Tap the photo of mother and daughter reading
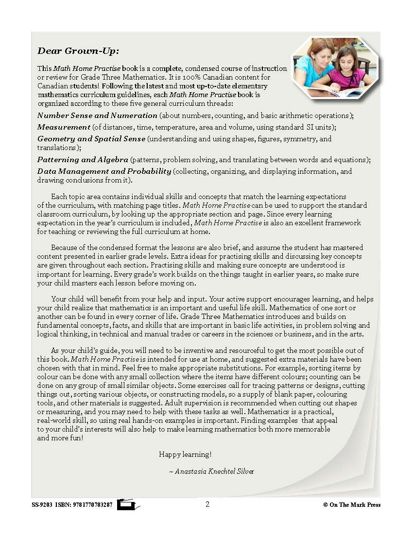[x=334, y=67]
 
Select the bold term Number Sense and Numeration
[x=97, y=116]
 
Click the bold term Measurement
[x=64, y=127]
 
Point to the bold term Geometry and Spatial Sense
[x=91, y=139]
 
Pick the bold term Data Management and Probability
[x=104, y=171]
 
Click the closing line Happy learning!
[x=185, y=454]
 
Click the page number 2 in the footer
[x=207, y=504]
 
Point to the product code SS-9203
[x=42, y=505]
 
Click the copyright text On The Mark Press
[x=355, y=505]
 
